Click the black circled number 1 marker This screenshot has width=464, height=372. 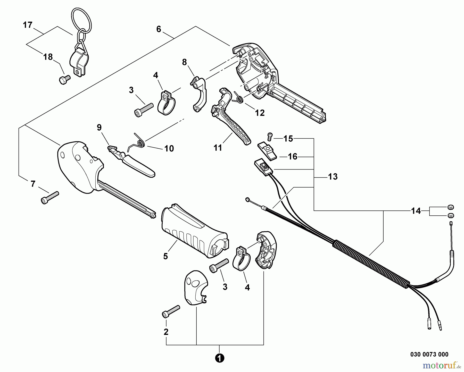219,358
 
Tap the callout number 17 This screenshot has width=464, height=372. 28,25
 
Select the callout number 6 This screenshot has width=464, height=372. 159,29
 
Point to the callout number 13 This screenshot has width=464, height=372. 333,177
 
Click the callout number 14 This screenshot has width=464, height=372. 416,211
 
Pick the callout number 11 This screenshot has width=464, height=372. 218,148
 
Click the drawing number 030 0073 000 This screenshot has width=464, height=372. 429,354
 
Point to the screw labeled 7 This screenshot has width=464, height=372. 50,198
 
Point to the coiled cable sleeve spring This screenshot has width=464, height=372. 371,263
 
